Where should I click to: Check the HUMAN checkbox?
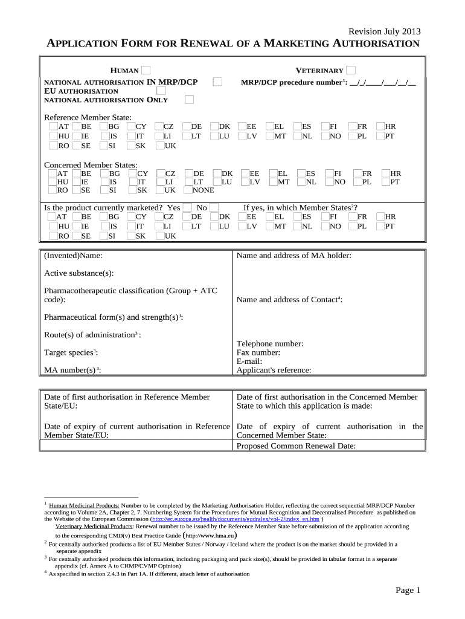(146, 71)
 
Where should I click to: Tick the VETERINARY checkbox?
(351, 71)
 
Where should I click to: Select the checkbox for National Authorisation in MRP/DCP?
(218, 82)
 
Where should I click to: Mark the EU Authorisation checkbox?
(161, 91)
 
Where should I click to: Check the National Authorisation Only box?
(190, 99)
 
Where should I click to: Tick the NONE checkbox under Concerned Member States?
(188, 190)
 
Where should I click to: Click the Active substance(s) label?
(79, 273)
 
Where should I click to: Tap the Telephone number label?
(269, 344)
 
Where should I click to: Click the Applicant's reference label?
(274, 370)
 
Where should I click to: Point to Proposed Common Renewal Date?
(296, 446)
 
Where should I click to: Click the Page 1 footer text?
(408, 590)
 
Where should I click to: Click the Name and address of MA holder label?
(293, 256)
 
